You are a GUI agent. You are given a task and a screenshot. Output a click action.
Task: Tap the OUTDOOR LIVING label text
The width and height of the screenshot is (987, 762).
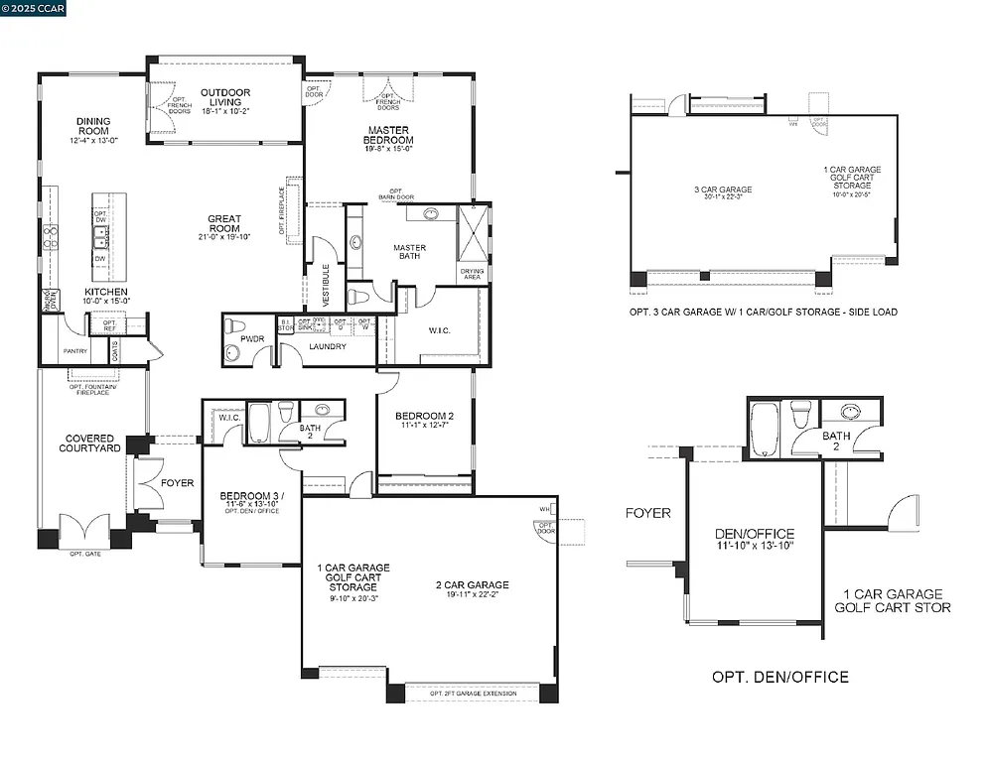225,97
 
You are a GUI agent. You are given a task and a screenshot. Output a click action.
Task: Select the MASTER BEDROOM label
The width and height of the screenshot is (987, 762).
389,135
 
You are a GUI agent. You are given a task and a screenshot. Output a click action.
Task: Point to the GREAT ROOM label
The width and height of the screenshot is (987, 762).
224,224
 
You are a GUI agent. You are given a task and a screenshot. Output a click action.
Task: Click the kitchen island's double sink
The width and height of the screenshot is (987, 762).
101,236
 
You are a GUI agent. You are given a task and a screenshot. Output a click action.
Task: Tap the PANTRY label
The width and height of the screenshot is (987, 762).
74,351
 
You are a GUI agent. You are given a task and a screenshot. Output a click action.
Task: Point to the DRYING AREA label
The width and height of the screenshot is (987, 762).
471,274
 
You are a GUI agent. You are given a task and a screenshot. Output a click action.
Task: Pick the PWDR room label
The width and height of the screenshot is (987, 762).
252,338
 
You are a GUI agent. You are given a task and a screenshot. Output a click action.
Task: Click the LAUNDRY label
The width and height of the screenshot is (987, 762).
327,347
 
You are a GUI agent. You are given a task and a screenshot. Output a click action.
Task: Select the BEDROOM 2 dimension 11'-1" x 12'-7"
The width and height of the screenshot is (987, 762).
424,426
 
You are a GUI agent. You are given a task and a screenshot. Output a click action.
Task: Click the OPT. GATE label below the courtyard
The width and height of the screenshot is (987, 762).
84,554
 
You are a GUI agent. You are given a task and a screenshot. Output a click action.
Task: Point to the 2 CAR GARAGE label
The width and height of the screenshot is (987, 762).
472,585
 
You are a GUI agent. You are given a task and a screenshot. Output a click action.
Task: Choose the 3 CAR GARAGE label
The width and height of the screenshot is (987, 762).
722,190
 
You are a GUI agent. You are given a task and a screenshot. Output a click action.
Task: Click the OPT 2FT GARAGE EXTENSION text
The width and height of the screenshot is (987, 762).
473,693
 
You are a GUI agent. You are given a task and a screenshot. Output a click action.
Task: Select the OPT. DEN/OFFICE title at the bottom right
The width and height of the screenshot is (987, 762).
779,677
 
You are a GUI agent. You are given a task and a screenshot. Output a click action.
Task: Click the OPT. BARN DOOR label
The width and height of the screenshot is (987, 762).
395,194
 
